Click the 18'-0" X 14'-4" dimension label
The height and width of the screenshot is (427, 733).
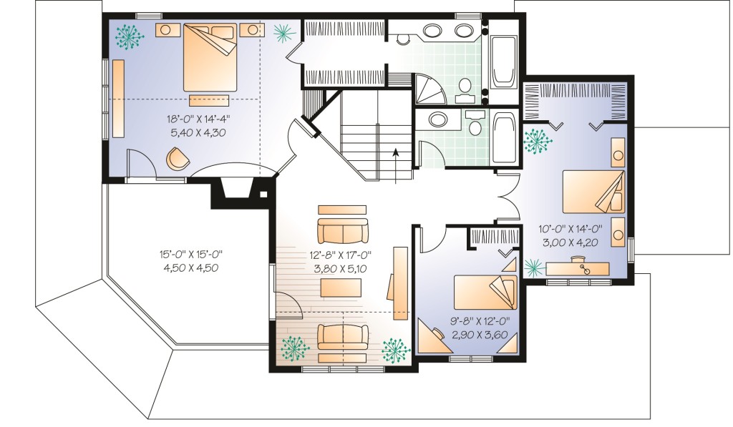[198, 119]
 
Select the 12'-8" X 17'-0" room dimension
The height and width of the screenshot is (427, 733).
[340, 255]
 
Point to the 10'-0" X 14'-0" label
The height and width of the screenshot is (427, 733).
[570, 228]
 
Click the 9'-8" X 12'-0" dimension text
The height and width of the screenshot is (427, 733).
[480, 321]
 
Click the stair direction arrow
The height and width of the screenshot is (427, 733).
[395, 166]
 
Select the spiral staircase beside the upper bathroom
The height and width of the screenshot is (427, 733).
[429, 89]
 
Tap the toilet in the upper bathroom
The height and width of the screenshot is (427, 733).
[464, 90]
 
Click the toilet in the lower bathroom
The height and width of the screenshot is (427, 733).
[475, 122]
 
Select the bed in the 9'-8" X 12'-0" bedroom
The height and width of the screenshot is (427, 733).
[485, 292]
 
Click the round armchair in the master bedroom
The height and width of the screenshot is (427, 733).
[178, 159]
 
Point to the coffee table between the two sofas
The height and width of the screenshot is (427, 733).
[341, 288]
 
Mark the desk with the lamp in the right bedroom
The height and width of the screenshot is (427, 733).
[578, 269]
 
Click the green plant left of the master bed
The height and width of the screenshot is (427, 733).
[130, 36]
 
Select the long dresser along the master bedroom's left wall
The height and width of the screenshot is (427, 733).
[118, 98]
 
